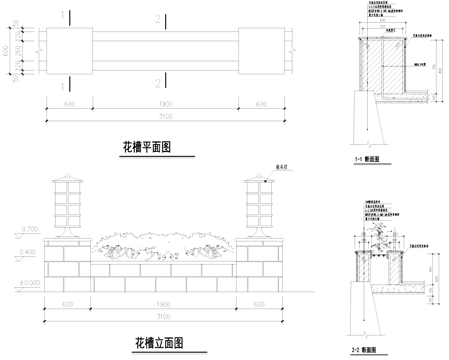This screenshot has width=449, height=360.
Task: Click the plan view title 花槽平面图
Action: coord(146,147)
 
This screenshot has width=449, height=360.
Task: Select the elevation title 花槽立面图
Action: coord(159,342)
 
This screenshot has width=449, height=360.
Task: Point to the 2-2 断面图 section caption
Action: coord(363,351)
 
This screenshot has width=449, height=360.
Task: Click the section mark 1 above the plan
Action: coord(64,16)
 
